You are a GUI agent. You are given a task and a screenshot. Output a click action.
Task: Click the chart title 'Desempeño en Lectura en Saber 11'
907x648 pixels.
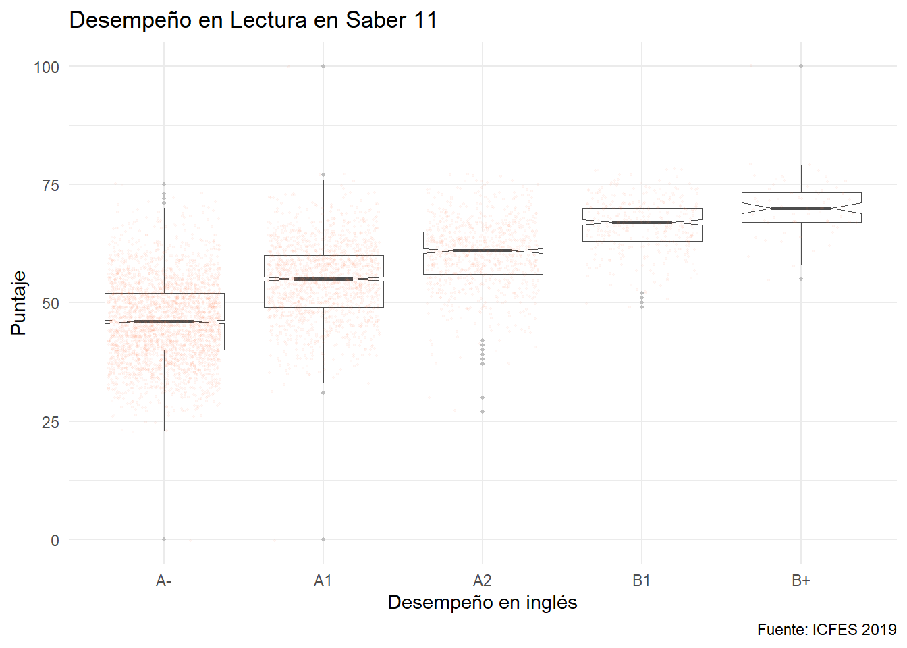pos(253,20)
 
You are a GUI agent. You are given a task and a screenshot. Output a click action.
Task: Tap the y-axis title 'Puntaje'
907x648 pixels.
pos(18,303)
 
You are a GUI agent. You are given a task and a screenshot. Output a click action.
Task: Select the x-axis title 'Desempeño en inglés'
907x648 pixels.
pos(482,602)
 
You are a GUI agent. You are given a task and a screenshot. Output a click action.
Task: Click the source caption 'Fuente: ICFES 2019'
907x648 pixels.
pos(826,630)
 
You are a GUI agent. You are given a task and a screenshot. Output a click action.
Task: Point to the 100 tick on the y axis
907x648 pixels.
pos(47,67)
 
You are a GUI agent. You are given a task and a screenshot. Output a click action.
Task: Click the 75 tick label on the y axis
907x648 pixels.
pos(50,185)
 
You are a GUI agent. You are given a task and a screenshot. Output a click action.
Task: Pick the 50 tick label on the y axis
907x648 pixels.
pos(50,303)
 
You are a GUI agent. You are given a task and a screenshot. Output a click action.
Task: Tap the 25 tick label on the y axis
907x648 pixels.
pos(50,422)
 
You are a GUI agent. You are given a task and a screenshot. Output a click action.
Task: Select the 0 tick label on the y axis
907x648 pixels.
pos(55,540)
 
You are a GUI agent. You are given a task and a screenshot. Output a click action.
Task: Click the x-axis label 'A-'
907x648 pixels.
pos(163,580)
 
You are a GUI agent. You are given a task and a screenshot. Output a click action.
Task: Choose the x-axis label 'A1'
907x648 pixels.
pos(323,580)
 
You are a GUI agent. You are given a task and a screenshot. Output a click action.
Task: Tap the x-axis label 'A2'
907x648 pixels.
pos(482,580)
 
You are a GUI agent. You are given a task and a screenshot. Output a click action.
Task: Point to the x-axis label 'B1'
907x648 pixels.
pos(641,580)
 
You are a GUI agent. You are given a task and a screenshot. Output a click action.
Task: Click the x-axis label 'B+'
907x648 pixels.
pos(800,580)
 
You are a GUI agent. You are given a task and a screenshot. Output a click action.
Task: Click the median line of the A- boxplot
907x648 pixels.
pos(164,321)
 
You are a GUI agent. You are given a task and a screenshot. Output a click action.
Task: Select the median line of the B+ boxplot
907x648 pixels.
pos(801,208)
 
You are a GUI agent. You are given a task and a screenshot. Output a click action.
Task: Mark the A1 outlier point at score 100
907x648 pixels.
pos(323,66)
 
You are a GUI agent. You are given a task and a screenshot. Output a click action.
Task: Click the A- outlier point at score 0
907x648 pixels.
pos(164,539)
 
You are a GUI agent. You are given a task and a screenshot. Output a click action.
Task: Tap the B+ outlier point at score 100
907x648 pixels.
pos(801,66)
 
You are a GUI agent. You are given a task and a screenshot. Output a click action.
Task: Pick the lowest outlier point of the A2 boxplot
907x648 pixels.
pos(483,412)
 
